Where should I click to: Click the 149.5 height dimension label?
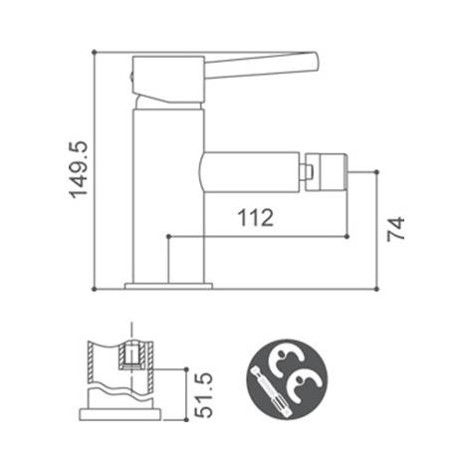click(x=79, y=169)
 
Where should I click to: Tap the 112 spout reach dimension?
click(x=256, y=218)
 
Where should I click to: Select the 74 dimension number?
click(x=396, y=229)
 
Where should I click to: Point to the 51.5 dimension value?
click(x=203, y=394)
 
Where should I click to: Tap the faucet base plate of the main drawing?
click(x=168, y=286)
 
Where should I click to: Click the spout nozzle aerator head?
click(x=327, y=172)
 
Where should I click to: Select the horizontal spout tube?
click(x=250, y=172)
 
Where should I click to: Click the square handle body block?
click(x=168, y=80)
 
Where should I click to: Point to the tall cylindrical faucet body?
click(x=168, y=196)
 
